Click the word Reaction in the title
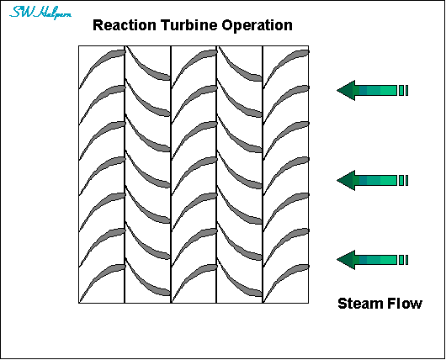[124, 25]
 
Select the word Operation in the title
[257, 25]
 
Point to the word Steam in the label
[360, 304]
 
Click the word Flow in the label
[405, 304]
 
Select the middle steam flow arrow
[371, 180]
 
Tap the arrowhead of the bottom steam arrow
[345, 259]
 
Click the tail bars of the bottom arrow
[403, 259]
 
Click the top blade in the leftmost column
[101, 61]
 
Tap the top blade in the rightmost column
[286, 61]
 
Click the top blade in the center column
[194, 61]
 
